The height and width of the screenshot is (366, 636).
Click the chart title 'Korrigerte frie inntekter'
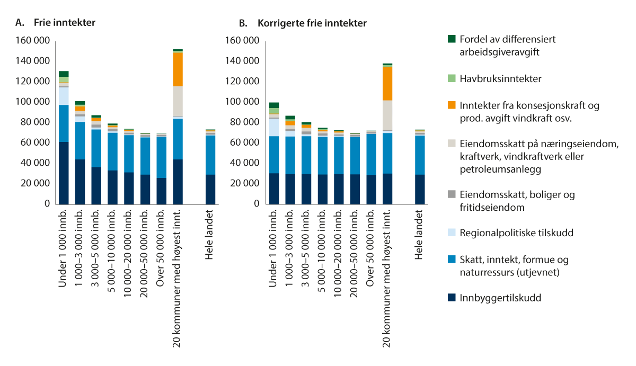coord(312,23)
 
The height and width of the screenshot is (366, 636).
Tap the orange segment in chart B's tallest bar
coord(387,83)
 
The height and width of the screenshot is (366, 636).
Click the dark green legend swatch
coord(452,39)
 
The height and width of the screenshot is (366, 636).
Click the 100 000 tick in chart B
coord(243,102)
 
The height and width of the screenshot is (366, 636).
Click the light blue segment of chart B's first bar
coord(273,127)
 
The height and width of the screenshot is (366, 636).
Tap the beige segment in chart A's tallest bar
coord(178,101)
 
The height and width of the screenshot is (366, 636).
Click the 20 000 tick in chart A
coord(36,183)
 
